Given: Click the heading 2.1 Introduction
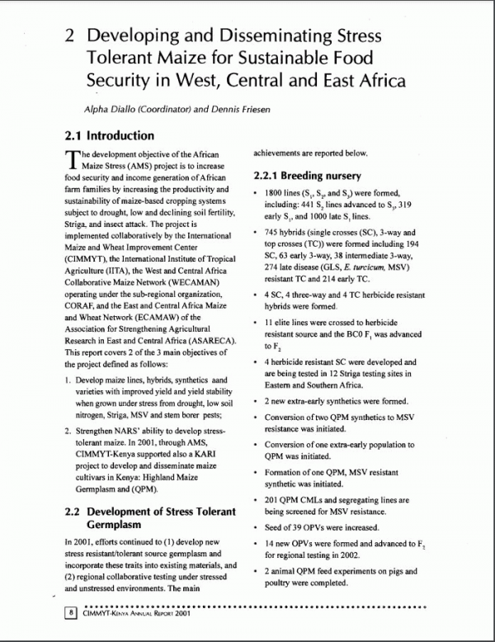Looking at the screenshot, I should tap(109, 135).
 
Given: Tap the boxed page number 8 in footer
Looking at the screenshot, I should tap(73, 613).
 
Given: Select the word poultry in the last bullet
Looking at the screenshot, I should tap(280, 583).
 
